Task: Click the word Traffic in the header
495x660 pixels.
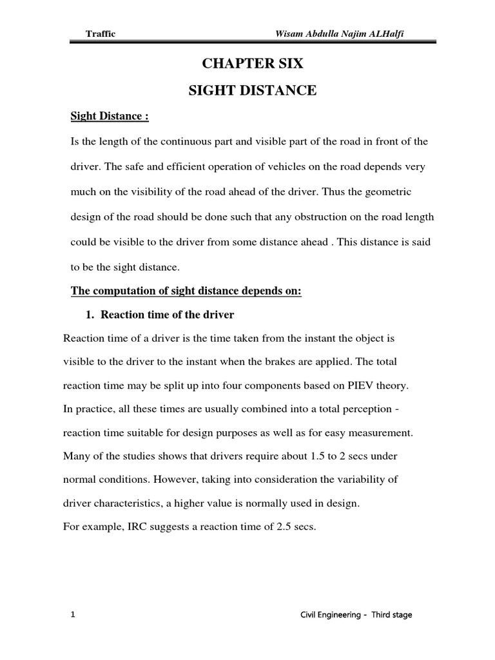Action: [x=101, y=34]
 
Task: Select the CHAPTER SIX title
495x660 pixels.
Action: [x=252, y=64]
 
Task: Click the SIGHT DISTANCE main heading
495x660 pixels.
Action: [x=252, y=91]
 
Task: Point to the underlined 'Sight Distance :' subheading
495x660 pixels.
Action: [x=109, y=117]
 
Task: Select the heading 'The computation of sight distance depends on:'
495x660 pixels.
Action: [x=186, y=291]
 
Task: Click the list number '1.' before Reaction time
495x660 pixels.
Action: [x=91, y=315]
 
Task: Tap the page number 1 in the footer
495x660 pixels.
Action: [x=73, y=615]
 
